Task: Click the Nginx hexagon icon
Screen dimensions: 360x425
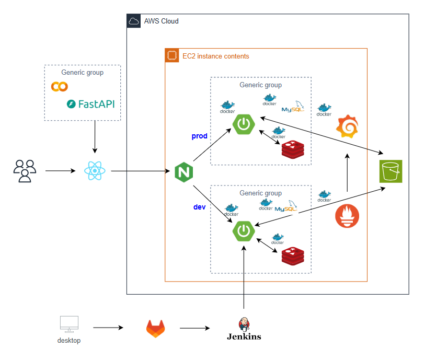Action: click(183, 171)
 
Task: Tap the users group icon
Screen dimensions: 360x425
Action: click(25, 171)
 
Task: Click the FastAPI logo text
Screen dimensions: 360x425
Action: click(90, 104)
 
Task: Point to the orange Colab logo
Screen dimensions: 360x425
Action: click(59, 86)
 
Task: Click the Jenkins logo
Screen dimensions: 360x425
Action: click(244, 329)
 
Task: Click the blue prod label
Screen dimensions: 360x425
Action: click(200, 136)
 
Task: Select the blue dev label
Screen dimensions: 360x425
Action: click(199, 207)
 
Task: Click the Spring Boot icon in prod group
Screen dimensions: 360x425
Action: click(244, 124)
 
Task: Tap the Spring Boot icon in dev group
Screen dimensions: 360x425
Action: click(244, 231)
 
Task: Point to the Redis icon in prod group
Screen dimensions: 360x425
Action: click(293, 149)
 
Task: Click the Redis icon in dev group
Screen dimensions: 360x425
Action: click(293, 256)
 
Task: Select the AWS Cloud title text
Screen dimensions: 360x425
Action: click(162, 21)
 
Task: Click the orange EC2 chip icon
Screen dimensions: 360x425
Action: click(171, 55)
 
